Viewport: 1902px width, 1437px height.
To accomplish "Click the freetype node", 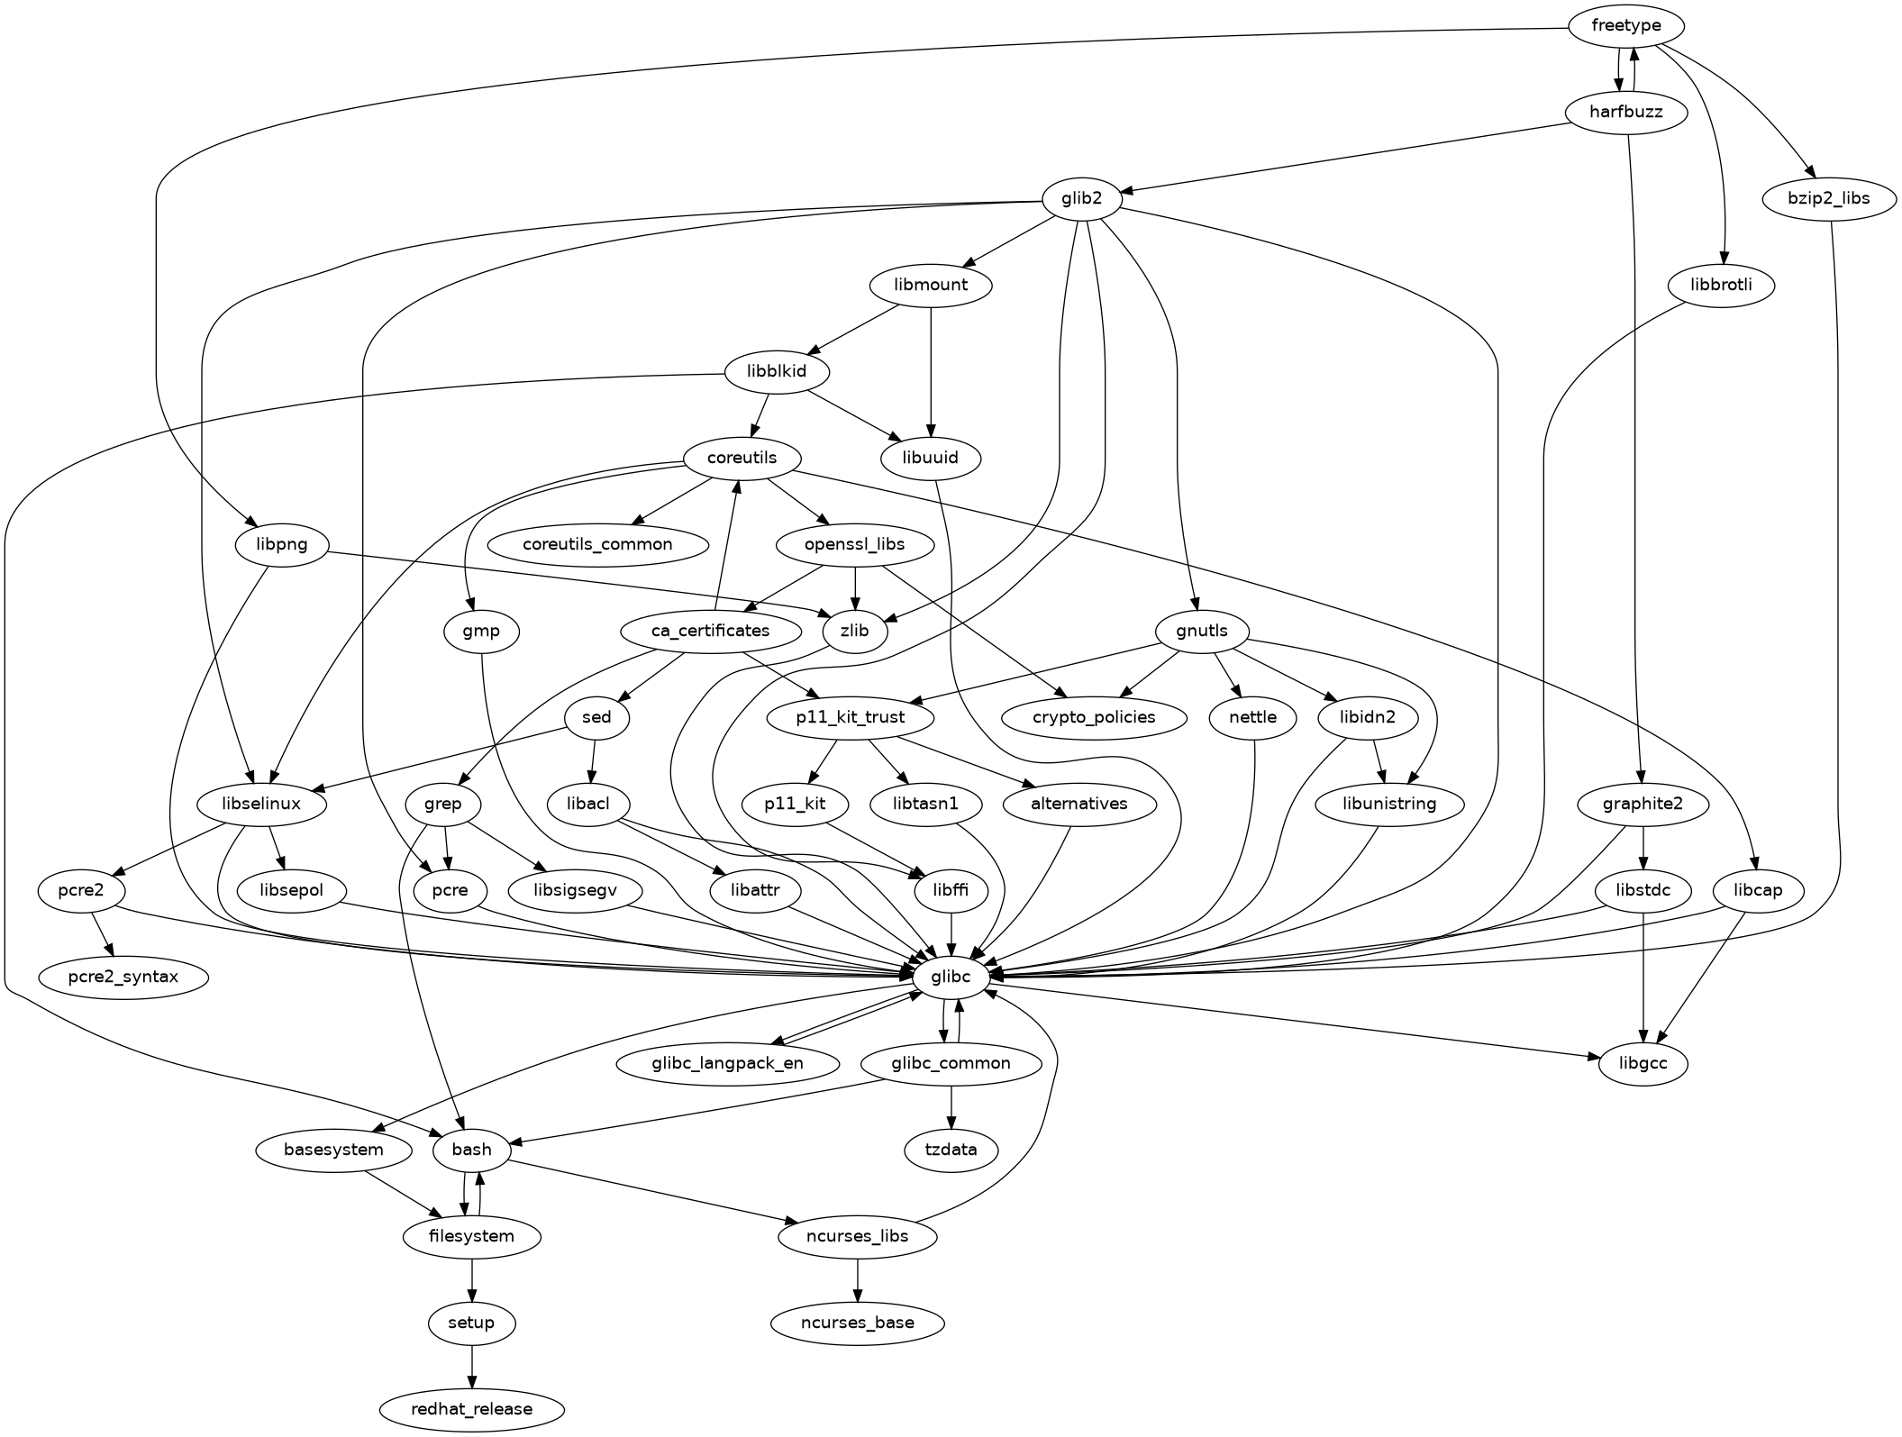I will point(1625,26).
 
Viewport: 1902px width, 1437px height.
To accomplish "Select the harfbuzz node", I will point(1625,113).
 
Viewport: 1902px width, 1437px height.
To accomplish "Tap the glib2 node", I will point(1081,199).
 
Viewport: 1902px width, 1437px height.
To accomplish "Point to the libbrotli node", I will point(1720,286).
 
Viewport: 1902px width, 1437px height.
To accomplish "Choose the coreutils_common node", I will point(597,545).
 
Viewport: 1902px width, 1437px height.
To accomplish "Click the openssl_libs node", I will point(854,545).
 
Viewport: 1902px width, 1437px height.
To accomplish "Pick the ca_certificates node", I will point(710,631).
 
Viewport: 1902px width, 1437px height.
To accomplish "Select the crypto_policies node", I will point(1094,718).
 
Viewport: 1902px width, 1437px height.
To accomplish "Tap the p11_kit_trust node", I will point(851,718).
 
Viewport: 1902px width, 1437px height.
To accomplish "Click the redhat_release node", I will point(471,1409).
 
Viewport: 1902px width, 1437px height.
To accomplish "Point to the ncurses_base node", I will point(857,1323).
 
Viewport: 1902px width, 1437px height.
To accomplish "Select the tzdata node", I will point(951,1151).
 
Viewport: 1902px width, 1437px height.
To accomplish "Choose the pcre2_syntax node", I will point(123,977).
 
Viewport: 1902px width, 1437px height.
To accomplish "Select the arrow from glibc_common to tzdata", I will point(951,1107).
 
